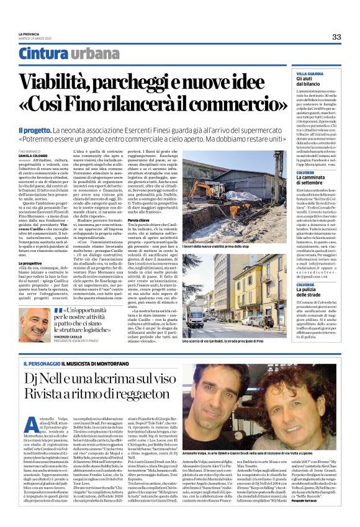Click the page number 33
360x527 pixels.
point(336,37)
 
